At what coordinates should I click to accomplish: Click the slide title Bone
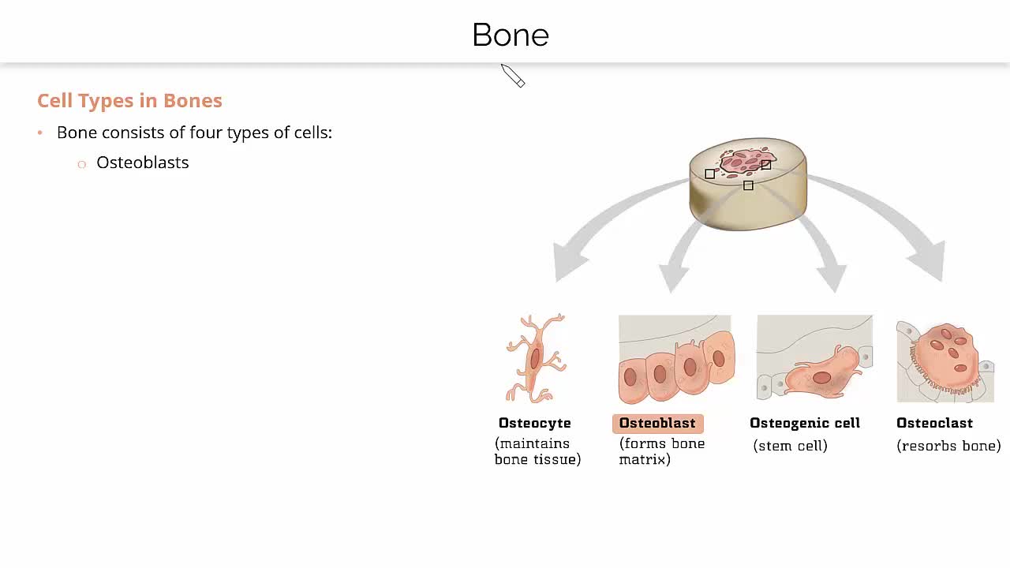point(510,35)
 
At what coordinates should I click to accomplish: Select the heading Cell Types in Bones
point(129,100)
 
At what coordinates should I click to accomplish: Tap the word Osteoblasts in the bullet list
point(142,163)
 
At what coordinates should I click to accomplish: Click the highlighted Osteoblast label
point(657,424)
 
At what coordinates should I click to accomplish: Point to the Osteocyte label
point(534,424)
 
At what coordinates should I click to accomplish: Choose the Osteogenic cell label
point(804,424)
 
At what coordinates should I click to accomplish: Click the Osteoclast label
point(934,424)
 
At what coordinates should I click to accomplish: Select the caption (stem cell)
point(790,446)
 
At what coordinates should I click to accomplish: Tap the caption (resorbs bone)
point(948,446)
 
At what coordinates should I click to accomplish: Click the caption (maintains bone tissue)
point(537,451)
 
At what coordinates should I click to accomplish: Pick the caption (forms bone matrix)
point(661,451)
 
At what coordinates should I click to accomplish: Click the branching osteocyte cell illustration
point(536,359)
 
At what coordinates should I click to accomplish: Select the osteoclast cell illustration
point(945,359)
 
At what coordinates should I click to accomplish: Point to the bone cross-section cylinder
point(747,185)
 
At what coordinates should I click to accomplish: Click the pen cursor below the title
point(512,76)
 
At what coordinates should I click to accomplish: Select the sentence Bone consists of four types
point(194,133)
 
